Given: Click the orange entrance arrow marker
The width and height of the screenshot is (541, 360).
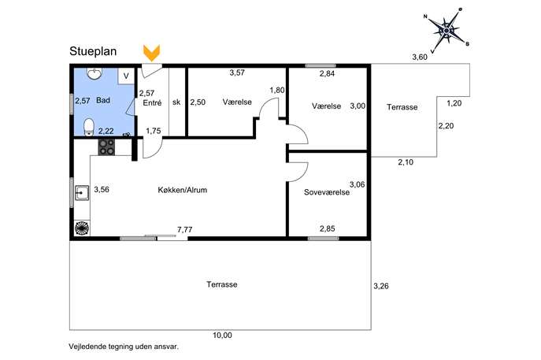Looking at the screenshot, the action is pyautogui.click(x=151, y=54).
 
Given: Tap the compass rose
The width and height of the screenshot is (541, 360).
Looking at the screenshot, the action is pyautogui.click(x=447, y=31).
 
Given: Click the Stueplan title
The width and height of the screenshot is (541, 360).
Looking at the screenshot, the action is pyautogui.click(x=93, y=51).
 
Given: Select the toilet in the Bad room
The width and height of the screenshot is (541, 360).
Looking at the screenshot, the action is pyautogui.click(x=89, y=127).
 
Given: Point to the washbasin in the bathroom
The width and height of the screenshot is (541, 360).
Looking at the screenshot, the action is pyautogui.click(x=94, y=73).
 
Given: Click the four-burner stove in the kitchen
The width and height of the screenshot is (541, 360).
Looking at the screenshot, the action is pyautogui.click(x=106, y=147).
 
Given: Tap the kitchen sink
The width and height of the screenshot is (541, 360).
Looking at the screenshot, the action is pyautogui.click(x=82, y=193).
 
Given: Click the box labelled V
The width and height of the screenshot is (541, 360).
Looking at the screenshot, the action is pyautogui.click(x=126, y=76).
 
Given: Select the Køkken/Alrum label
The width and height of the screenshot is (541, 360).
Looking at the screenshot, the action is pyautogui.click(x=183, y=190).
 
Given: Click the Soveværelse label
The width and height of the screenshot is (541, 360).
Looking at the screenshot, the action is pyautogui.click(x=327, y=192).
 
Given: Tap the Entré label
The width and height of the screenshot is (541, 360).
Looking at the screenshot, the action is pyautogui.click(x=152, y=103).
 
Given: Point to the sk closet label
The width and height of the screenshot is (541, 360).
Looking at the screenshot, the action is pyautogui.click(x=176, y=102).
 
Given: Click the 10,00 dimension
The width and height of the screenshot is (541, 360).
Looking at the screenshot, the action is pyautogui.click(x=222, y=335).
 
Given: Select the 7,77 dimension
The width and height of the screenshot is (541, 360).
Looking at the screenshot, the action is pyautogui.click(x=184, y=229).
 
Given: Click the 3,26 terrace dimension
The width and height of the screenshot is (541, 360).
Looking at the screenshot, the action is pyautogui.click(x=381, y=286).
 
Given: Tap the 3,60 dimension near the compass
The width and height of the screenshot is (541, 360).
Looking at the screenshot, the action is pyautogui.click(x=420, y=58).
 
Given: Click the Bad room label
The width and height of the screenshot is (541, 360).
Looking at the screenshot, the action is pyautogui.click(x=103, y=101).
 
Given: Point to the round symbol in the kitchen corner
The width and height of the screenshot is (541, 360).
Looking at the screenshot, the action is pyautogui.click(x=82, y=228).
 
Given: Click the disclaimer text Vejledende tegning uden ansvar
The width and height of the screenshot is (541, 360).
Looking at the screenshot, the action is pyautogui.click(x=124, y=347).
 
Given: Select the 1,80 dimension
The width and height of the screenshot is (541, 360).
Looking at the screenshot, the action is pyautogui.click(x=277, y=91).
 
